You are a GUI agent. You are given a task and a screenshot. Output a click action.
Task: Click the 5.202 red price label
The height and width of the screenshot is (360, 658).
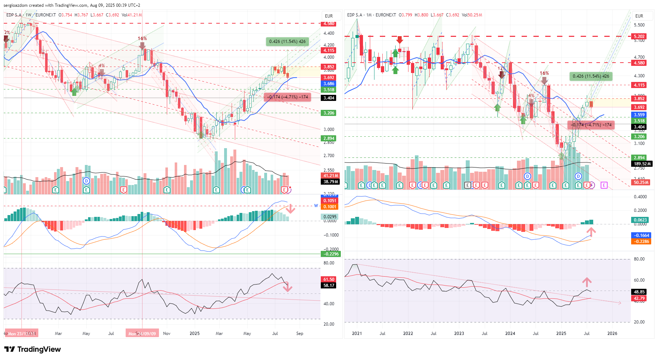click(x=639, y=36)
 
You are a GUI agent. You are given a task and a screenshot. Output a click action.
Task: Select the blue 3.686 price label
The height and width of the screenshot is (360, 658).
click(x=329, y=84)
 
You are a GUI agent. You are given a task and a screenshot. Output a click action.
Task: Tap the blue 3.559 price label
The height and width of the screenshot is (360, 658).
click(x=639, y=115)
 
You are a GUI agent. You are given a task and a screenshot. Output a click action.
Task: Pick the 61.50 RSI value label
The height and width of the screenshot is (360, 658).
click(x=329, y=279)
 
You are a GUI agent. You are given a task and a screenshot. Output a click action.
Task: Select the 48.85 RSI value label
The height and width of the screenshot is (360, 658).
click(x=639, y=292)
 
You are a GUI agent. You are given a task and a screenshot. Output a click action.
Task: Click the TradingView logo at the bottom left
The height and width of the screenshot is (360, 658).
click(x=33, y=349)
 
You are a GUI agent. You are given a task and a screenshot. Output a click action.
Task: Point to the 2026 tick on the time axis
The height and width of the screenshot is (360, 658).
click(x=612, y=334)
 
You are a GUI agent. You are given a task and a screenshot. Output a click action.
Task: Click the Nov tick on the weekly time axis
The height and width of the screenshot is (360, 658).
click(x=166, y=334)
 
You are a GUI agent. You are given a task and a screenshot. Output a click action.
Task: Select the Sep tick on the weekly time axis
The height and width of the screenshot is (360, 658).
click(x=300, y=334)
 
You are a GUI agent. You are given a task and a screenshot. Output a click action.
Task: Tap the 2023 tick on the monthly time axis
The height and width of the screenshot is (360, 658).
click(x=459, y=334)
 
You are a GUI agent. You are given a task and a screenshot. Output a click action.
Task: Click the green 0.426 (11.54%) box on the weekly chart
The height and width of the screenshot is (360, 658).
click(x=287, y=42)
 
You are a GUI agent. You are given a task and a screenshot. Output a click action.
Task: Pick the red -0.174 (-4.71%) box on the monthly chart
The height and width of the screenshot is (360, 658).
click(x=591, y=125)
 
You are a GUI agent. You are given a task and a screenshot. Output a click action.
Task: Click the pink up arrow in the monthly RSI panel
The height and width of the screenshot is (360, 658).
click(x=587, y=282)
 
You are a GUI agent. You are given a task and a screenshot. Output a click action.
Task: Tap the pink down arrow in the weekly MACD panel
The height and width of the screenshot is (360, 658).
click(x=290, y=209)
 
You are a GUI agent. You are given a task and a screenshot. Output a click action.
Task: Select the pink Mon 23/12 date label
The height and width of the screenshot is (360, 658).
click(x=21, y=334)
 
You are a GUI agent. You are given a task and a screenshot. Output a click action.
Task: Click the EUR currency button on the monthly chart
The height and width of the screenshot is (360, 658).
click(x=639, y=16)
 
